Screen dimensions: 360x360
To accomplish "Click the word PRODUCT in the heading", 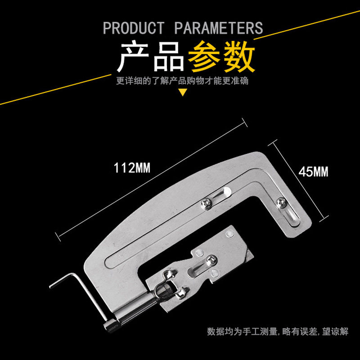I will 134,28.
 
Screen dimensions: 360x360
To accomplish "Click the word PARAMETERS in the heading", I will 218,28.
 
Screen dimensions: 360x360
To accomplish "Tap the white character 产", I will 134,57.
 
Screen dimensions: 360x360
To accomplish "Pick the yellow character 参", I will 204,57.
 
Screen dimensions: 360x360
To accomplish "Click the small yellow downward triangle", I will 183,93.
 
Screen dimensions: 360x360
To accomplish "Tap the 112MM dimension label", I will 131,169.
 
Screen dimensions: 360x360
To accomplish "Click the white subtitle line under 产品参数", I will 182,81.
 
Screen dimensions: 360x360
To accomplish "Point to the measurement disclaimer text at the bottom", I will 278,332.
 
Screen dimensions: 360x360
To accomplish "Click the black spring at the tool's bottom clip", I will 163,292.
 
